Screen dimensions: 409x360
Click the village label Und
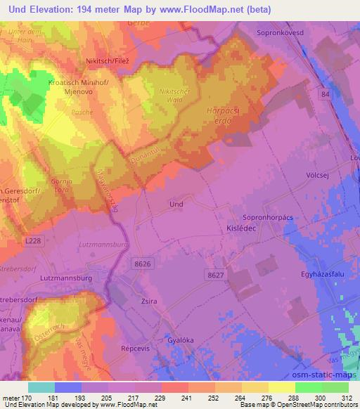[176, 204]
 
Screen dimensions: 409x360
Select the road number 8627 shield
[215, 275]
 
